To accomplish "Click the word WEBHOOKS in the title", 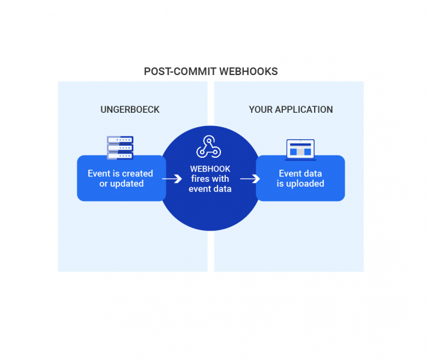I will (249, 71).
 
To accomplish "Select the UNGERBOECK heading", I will (130, 110).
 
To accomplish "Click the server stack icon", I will (120, 148).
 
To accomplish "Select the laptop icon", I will (300, 149).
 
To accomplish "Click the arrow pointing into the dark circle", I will (172, 179).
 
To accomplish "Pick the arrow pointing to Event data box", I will (250, 179).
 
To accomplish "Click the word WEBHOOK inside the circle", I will (210, 169).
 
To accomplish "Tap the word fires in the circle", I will (201, 179).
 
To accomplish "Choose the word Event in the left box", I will (99, 173).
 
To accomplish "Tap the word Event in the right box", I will (290, 173).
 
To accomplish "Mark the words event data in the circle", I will (210, 189).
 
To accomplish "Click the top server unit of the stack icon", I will (120, 140).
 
